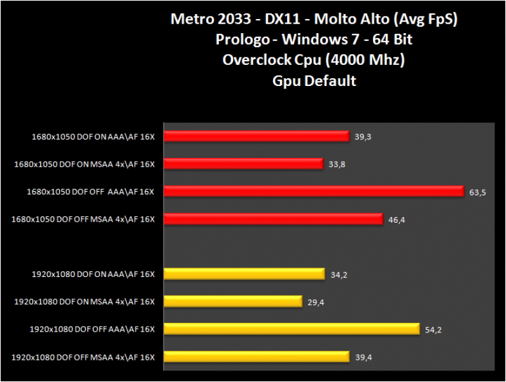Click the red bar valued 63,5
pos(313,191)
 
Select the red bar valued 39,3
pos(257,136)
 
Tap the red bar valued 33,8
pos(243,164)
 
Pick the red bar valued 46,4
pos(274,219)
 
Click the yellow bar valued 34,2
pos(244,274)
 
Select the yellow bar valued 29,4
pos(232,301)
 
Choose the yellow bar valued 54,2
pos(292,329)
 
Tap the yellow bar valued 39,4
pos(257,357)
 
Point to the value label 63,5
pos(478,192)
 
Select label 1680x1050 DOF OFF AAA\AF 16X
pos(90,191)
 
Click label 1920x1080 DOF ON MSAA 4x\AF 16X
pos(84,302)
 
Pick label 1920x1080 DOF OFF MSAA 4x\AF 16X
pos(83,357)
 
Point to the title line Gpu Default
pos(314,81)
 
